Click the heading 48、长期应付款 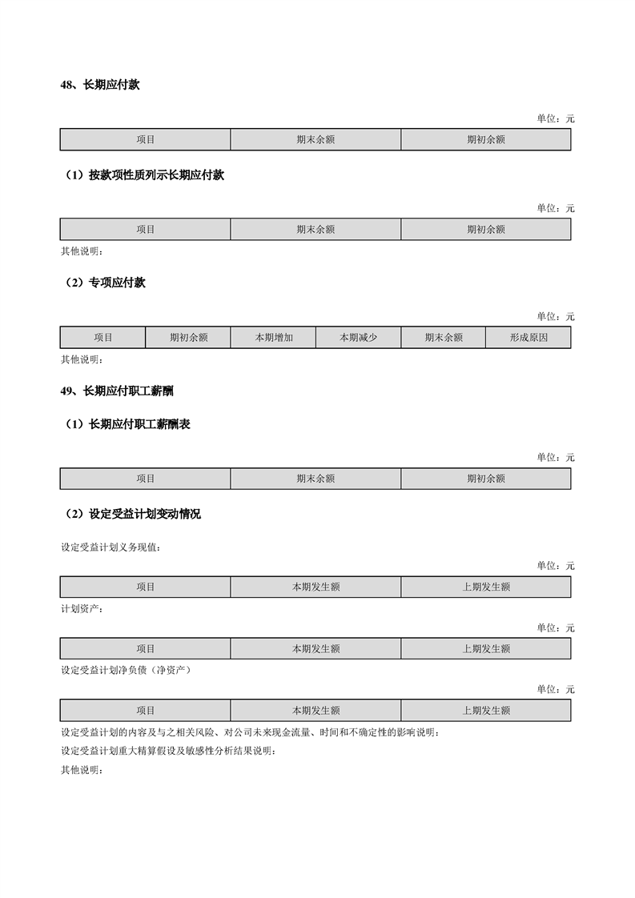click(100, 85)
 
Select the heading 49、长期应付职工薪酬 click(117, 391)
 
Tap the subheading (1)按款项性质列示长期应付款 click(144, 175)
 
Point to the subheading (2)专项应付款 click(105, 283)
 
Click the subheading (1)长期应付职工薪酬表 click(127, 425)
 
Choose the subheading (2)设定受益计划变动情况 click(133, 515)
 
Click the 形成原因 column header click(528, 338)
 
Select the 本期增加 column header click(274, 338)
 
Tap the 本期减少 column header click(359, 338)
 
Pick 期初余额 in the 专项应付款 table click(188, 338)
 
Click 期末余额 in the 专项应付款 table click(444, 338)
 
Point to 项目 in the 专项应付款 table click(103, 338)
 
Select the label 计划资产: click(82, 610)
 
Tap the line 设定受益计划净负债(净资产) click(126, 671)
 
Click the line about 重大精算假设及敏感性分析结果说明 click(168, 752)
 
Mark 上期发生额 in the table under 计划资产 click(486, 648)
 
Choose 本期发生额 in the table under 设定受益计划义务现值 click(315, 587)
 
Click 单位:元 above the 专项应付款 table click(556, 317)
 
